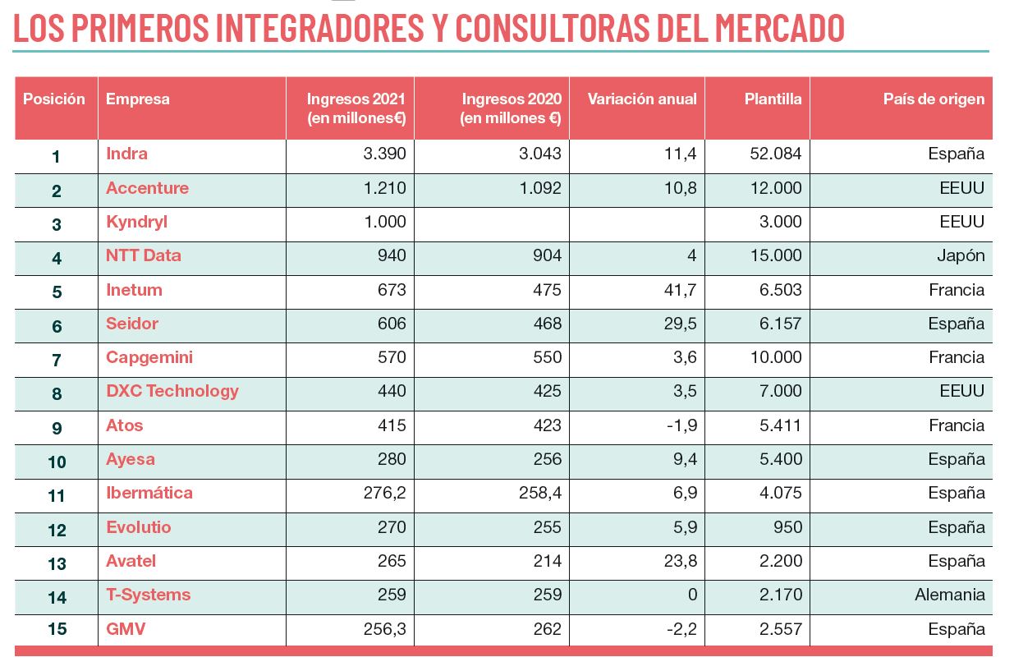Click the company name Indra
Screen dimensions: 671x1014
tap(126, 154)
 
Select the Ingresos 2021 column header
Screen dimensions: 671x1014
tap(356, 108)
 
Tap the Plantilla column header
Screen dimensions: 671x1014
tap(773, 99)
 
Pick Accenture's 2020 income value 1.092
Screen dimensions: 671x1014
tap(540, 188)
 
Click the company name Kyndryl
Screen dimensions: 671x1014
tap(136, 222)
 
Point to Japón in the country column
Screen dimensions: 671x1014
tap(960, 255)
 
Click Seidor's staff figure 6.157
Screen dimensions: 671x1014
tap(780, 324)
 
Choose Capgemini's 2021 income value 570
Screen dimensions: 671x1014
tap(391, 357)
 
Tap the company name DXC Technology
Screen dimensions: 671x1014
tap(172, 391)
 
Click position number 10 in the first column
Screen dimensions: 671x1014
tap(57, 462)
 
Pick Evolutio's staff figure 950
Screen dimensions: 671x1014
tap(787, 527)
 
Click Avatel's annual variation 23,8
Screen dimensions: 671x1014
tap(680, 561)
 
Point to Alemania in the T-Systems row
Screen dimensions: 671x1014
tap(949, 595)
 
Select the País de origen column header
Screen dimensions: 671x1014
tap(934, 99)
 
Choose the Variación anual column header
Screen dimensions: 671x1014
tap(641, 99)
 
